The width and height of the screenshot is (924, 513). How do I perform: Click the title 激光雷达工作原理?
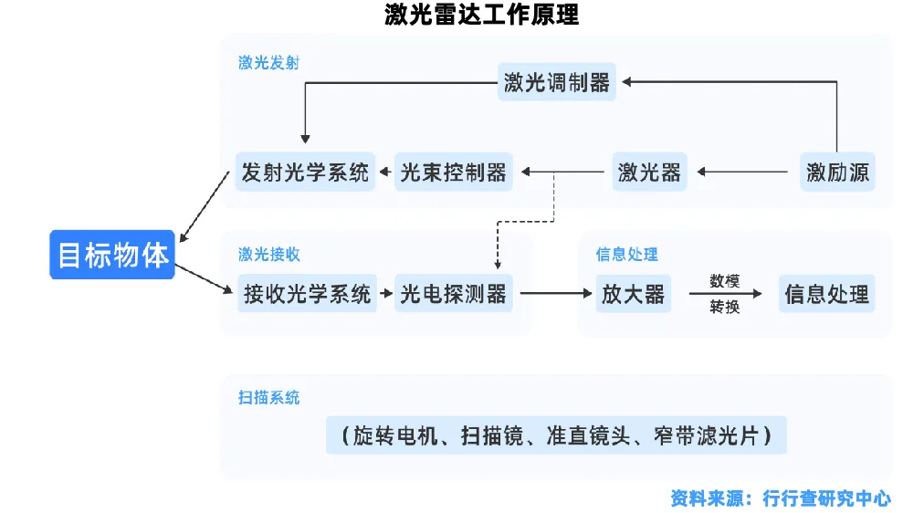pos(481,15)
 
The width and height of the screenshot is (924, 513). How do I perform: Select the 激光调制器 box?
pos(557,82)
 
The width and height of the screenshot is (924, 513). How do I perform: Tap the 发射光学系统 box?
pos(305,172)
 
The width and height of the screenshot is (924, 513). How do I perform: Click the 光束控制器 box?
pos(454,172)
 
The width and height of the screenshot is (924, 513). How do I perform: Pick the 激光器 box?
pos(649,172)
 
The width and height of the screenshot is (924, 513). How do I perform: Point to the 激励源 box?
pos(837,172)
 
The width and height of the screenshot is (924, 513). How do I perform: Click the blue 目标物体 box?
pos(112,255)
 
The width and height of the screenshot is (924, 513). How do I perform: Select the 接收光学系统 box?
pos(307,294)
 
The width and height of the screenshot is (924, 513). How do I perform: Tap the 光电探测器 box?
pos(454,294)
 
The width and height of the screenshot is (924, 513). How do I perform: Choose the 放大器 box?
pos(633,294)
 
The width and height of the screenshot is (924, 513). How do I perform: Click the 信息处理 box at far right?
pos(826,294)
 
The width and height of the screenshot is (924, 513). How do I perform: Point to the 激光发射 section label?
pos(268,63)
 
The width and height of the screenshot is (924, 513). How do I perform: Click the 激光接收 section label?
pos(268,254)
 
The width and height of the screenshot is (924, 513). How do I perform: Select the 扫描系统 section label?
pos(268,397)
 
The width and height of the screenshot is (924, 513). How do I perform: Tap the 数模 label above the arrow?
pos(724,280)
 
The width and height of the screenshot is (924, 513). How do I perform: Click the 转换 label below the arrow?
pos(724,308)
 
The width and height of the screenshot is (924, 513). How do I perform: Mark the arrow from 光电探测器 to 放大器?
pos(555,294)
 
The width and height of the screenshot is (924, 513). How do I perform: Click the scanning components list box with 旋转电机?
pos(555,435)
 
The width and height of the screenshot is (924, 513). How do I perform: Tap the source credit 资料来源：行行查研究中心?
pos(780,497)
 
